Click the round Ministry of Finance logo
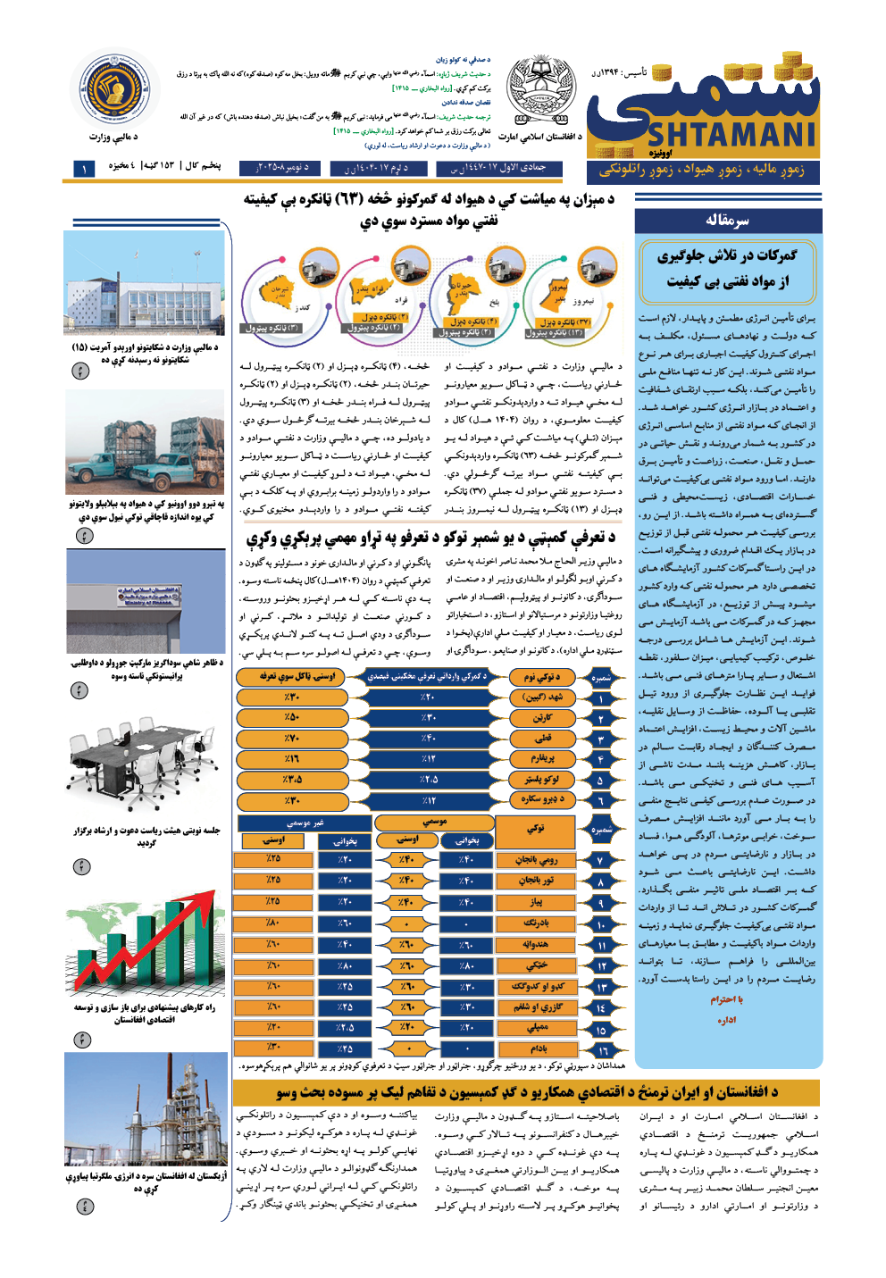click(113, 88)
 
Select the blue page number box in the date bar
click(84, 168)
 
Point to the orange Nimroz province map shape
click(557, 294)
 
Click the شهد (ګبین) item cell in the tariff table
click(542, 697)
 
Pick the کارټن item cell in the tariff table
click(542, 718)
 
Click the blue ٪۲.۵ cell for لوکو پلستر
click(429, 780)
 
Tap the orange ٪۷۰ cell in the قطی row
click(291, 739)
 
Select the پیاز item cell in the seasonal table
click(536, 902)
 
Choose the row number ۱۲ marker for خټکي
click(601, 966)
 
